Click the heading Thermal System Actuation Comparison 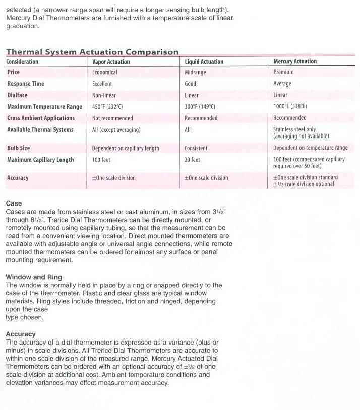pyautogui.click(x=92, y=52)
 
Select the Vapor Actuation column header pyautogui.click(x=111, y=62)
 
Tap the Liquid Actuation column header pyautogui.click(x=204, y=62)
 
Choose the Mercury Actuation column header pyautogui.click(x=295, y=61)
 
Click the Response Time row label pyautogui.click(x=26, y=84)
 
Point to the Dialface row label pyautogui.click(x=18, y=95)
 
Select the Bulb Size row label pyautogui.click(x=19, y=148)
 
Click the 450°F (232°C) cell pyautogui.click(x=107, y=107)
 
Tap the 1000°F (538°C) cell pyautogui.click(x=290, y=106)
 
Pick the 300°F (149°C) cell pyautogui.click(x=200, y=107)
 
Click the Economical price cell pyautogui.click(x=105, y=72)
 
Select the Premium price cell pyautogui.click(x=283, y=72)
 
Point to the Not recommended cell pyautogui.click(x=112, y=118)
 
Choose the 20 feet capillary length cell pyautogui.click(x=192, y=160)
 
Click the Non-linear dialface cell pyautogui.click(x=104, y=95)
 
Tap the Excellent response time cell pyautogui.click(x=102, y=84)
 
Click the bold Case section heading pyautogui.click(x=14, y=204)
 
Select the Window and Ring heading pyautogui.click(x=34, y=277)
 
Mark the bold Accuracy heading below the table pyautogui.click(x=21, y=334)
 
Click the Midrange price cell pyautogui.click(x=195, y=72)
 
